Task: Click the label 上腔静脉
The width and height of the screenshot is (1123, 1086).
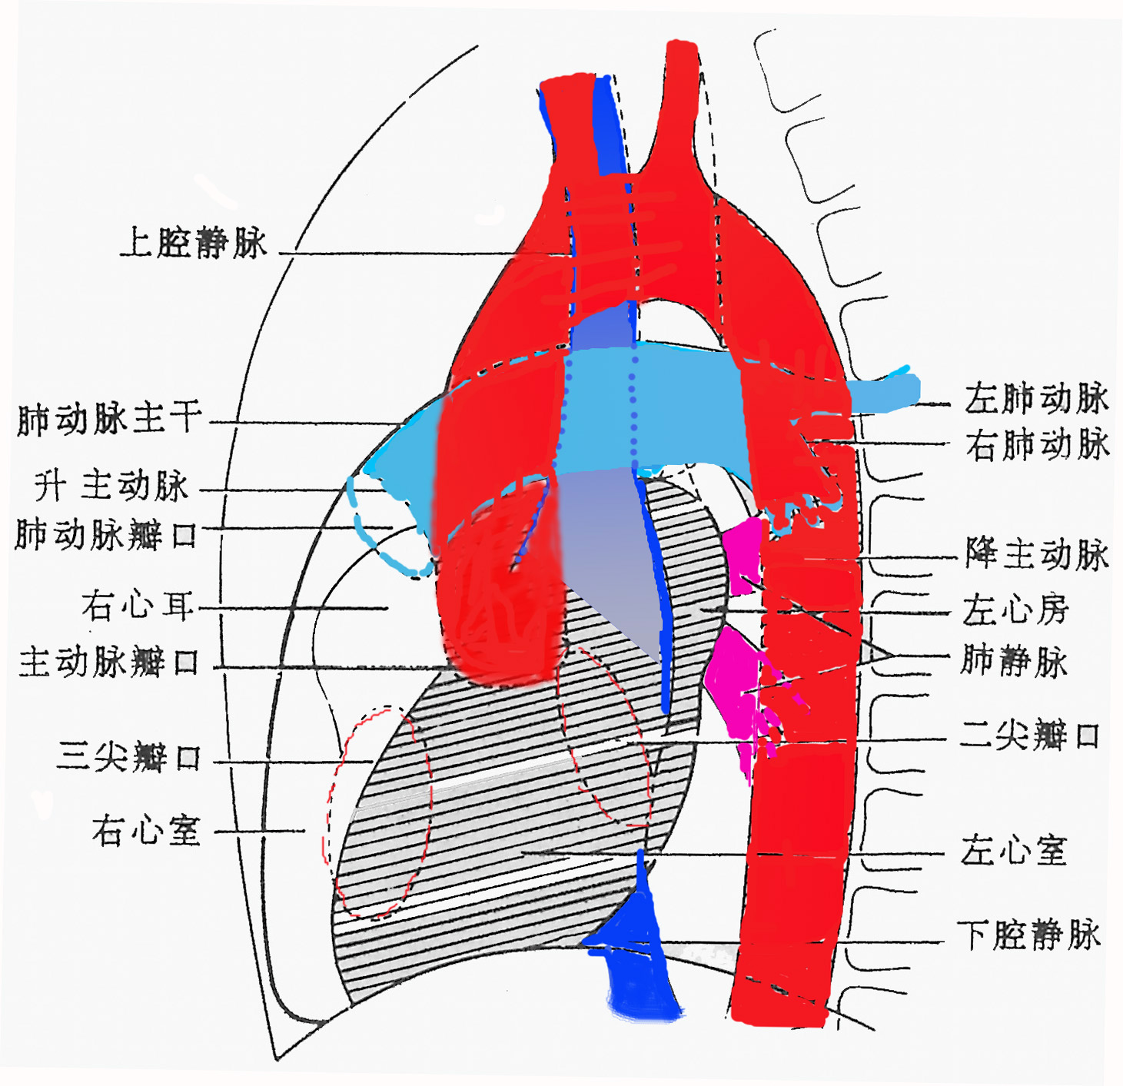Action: click(194, 243)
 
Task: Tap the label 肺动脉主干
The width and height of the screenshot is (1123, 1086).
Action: click(110, 420)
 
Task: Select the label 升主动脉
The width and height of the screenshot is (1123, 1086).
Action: click(112, 486)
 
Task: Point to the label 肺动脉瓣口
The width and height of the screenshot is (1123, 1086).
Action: click(107, 534)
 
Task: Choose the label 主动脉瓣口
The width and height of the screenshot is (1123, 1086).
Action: click(110, 662)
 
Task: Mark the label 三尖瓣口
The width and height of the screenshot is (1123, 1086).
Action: click(129, 757)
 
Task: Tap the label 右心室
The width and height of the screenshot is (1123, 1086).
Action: click(146, 831)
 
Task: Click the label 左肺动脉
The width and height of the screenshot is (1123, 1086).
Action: click(1036, 398)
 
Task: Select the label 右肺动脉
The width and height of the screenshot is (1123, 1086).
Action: click(1038, 445)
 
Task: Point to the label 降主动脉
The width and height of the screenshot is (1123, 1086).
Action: click(1037, 553)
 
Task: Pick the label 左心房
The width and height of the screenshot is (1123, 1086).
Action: click(1015, 610)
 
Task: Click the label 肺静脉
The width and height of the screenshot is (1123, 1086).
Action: click(1014, 661)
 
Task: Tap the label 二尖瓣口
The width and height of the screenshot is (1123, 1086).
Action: click(1029, 736)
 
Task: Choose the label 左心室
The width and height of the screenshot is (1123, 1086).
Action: click(1014, 851)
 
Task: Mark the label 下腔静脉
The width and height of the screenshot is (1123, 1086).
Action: click(1028, 935)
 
